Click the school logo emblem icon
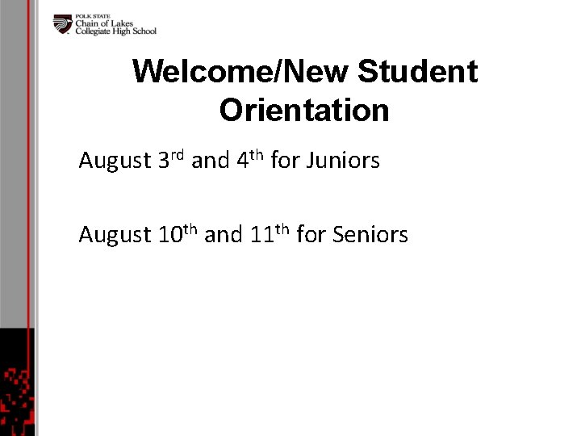63,24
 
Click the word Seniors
370,235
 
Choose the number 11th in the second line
270,234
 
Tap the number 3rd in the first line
172,161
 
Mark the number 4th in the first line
251,161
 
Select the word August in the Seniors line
114,236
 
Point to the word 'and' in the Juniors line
211,161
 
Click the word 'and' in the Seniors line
224,235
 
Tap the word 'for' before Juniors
285,161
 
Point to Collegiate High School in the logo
115,31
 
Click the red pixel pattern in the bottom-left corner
16,396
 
